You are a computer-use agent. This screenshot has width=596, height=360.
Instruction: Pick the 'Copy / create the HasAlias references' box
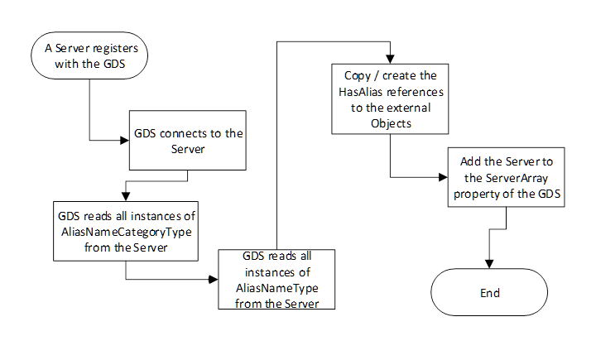pos(390,98)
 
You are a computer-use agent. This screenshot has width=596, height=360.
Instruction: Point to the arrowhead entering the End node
pos(490,264)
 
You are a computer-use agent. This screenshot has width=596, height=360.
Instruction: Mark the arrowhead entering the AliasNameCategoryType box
pos(124,196)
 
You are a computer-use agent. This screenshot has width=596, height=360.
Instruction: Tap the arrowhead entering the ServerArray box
pos(444,176)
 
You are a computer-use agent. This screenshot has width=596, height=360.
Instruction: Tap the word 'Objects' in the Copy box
pos(390,124)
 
